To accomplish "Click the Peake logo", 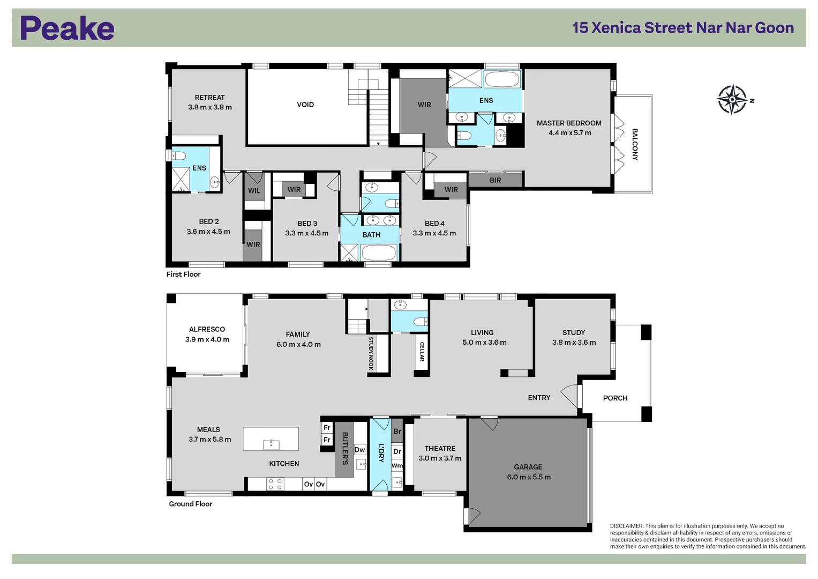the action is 67,28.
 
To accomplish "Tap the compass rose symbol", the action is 732,99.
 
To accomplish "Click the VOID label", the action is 305,105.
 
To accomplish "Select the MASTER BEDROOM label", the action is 569,123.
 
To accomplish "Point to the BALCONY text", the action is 635,144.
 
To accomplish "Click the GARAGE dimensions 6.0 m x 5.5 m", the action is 528,477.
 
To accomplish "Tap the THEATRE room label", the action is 440,449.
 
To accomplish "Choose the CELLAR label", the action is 422,352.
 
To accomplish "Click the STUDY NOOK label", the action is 371,353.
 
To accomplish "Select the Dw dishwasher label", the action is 359,450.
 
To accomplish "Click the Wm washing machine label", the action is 397,466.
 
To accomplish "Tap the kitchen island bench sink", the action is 271,444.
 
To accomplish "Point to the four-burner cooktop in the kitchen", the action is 275,485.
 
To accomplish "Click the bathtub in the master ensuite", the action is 502,79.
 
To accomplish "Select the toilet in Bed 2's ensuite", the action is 178,156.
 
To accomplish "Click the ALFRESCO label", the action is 207,329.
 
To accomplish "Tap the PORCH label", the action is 615,398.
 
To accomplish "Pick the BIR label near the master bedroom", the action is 495,180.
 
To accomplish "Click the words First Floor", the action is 183,274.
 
